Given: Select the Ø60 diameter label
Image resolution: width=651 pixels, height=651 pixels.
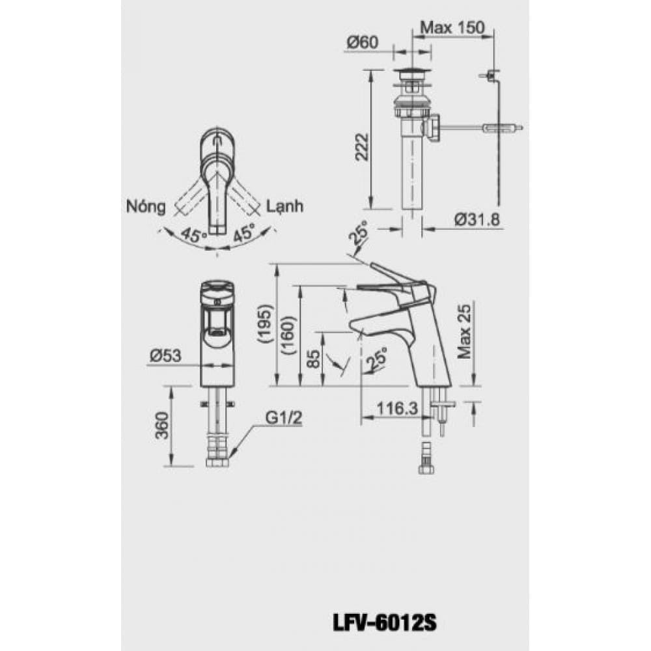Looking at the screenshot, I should [362, 43].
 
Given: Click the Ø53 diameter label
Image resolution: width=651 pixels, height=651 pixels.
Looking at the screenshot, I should [165, 355].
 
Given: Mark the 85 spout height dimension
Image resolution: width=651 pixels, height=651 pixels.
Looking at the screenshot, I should [314, 359].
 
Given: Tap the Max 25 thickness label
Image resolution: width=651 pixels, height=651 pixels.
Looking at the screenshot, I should [464, 342].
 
